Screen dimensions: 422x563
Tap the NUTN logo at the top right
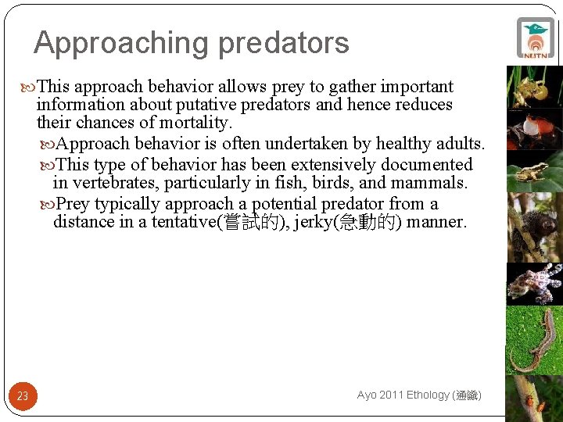click(x=536, y=38)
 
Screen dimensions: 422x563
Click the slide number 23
click(x=23, y=396)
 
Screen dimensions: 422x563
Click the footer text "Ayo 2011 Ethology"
click(x=403, y=395)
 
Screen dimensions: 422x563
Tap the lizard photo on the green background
click(x=535, y=339)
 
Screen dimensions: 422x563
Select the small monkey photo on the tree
click(x=535, y=227)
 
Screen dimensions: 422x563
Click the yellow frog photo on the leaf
click(x=535, y=173)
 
